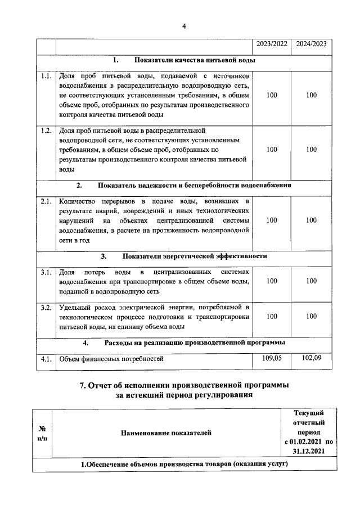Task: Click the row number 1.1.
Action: (x=46, y=75)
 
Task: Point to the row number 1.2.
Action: (x=46, y=131)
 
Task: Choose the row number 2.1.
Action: (x=46, y=201)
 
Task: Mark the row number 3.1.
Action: (x=46, y=272)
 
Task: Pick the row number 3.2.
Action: (x=46, y=308)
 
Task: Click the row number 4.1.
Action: (x=46, y=358)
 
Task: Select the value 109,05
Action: (x=272, y=357)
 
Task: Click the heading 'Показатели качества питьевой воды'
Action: (x=195, y=60)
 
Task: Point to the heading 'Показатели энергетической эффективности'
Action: (x=195, y=256)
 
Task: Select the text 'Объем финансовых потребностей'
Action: (x=111, y=358)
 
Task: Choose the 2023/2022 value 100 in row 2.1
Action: (x=272, y=220)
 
